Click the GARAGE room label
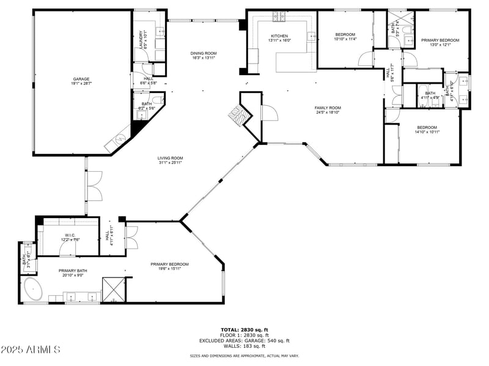81,79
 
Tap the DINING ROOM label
204,54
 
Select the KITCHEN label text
279,36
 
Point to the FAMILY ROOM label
328,108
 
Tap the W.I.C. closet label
70,235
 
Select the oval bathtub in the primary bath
33,288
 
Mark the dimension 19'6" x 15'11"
170,268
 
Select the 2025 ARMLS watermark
31,350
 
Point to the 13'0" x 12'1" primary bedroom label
439,45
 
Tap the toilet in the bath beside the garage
156,100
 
